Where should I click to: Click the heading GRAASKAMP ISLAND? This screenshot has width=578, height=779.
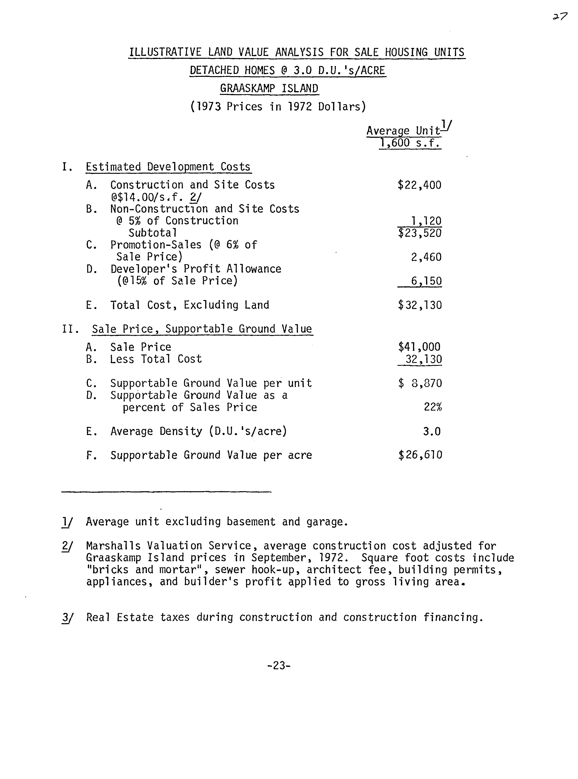point(269,88)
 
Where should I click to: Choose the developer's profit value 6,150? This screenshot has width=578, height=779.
point(426,281)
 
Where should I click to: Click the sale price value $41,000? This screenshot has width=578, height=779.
point(419,347)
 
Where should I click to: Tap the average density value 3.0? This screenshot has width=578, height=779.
point(432,431)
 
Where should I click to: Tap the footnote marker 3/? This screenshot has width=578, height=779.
point(67,617)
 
